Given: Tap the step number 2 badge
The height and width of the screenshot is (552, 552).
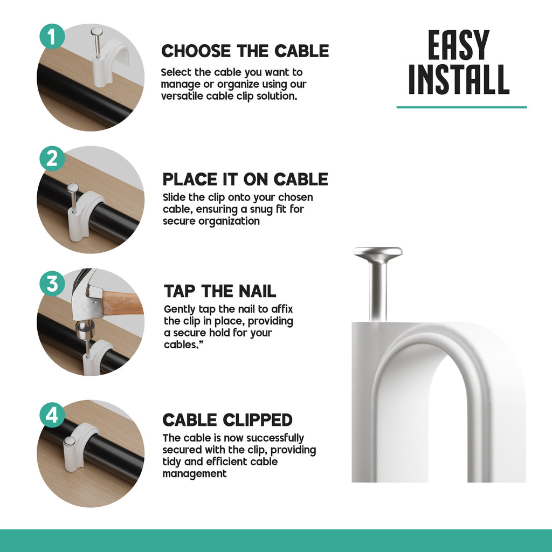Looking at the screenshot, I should click(52, 158).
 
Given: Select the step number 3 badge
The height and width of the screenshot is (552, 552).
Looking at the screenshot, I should click(52, 284).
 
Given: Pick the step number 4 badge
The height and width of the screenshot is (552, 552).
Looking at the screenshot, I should click(52, 415).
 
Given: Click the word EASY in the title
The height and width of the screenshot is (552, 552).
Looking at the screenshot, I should click(458, 46).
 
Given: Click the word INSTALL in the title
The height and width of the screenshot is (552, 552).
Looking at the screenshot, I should click(458, 81).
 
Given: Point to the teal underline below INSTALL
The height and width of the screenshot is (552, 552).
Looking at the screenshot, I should click(461, 107).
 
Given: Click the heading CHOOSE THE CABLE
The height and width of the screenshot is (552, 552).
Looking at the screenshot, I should click(245, 51).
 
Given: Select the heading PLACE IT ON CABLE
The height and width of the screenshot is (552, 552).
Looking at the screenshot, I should click(245, 179).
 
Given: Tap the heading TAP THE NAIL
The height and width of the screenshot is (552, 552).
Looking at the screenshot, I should click(220, 291).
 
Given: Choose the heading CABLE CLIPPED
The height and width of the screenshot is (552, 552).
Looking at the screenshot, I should click(227, 420).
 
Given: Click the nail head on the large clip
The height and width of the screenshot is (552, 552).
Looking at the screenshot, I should click(378, 252).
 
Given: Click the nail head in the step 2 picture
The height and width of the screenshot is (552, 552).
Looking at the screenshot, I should click(73, 188).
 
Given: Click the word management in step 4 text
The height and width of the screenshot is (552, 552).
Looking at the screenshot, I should click(195, 474).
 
